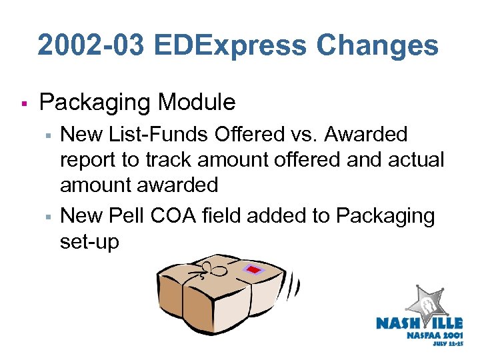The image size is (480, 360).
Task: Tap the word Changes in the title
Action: pyautogui.click(x=377, y=46)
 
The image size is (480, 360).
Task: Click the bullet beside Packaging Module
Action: pyautogui.click(x=23, y=104)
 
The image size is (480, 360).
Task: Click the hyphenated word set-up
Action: pyautogui.click(x=89, y=241)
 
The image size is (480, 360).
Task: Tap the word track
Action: pyautogui.click(x=162, y=161)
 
